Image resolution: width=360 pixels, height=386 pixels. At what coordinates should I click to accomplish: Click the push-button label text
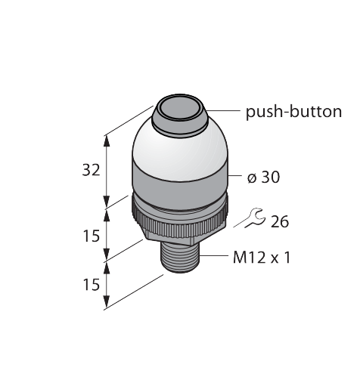(293, 112)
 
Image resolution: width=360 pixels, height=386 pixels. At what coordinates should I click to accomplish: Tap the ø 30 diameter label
(263, 177)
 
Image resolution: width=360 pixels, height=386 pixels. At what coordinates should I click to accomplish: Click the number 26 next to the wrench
(280, 222)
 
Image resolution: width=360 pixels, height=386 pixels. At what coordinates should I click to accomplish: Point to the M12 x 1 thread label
(262, 258)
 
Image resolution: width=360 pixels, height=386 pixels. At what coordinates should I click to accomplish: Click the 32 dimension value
(92, 170)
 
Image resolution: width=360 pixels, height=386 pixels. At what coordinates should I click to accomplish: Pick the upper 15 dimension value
(91, 236)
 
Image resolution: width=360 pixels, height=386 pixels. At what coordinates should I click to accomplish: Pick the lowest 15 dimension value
(91, 285)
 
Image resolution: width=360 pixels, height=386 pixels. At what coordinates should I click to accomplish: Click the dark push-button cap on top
(179, 116)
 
